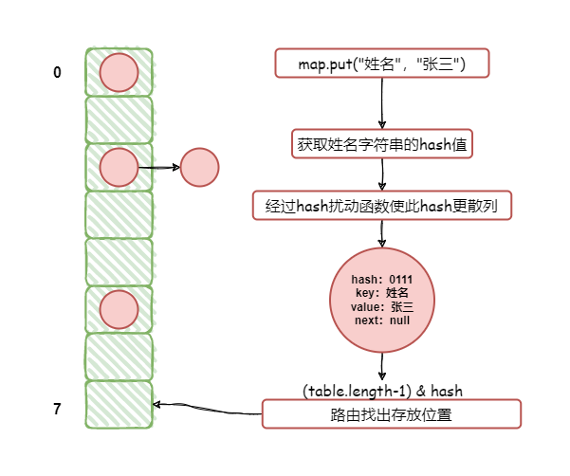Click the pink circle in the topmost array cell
[x=119, y=73]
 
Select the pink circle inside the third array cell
[x=119, y=168]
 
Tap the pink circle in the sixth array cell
[x=119, y=309]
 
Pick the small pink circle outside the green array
[x=199, y=167]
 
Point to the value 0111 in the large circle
[x=401, y=280]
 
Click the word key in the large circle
[x=366, y=293]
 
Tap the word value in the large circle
[x=365, y=307]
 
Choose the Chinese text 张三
[x=402, y=307]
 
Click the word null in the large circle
[x=397, y=320]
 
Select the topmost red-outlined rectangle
[x=382, y=63]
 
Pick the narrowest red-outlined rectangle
[x=382, y=143]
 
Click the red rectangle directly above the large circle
[x=382, y=205]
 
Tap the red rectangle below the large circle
[x=392, y=413]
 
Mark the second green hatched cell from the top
[x=119, y=119]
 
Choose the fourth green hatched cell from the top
[x=119, y=214]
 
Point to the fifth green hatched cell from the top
[x=119, y=262]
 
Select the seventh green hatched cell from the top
[x=119, y=357]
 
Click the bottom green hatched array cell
[x=119, y=404]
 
